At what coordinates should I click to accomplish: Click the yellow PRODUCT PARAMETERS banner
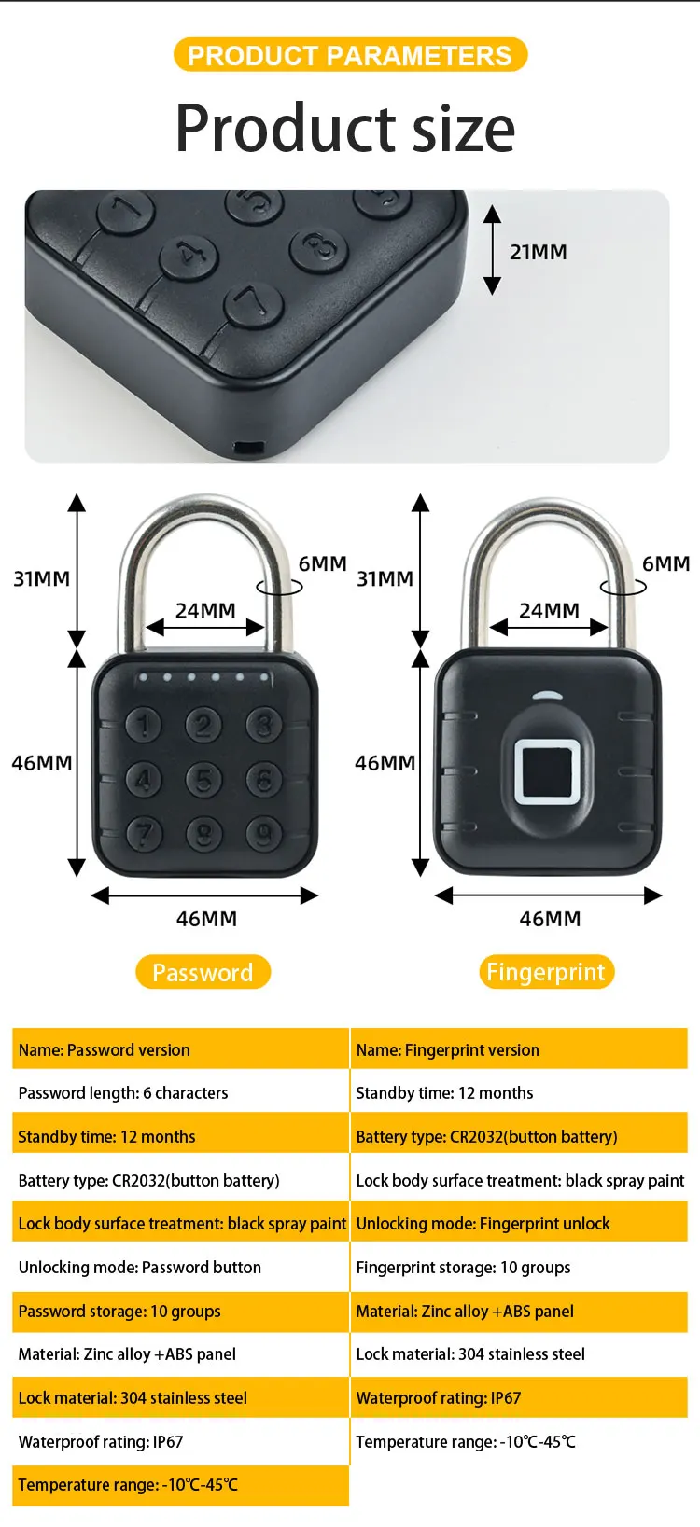click(350, 55)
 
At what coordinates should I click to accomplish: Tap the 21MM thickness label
click(538, 252)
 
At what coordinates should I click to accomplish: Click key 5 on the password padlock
click(203, 779)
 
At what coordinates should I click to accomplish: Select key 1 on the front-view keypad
click(143, 725)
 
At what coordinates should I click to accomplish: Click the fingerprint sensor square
click(548, 770)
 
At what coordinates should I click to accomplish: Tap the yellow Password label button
click(203, 972)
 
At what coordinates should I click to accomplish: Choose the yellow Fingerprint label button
click(546, 972)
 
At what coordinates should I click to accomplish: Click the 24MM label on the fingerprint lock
click(549, 610)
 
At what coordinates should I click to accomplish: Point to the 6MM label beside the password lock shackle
click(322, 563)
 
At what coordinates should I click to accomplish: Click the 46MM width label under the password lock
click(206, 919)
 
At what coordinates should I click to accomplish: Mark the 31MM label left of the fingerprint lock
click(385, 578)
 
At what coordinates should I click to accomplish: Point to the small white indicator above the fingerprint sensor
click(548, 696)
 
